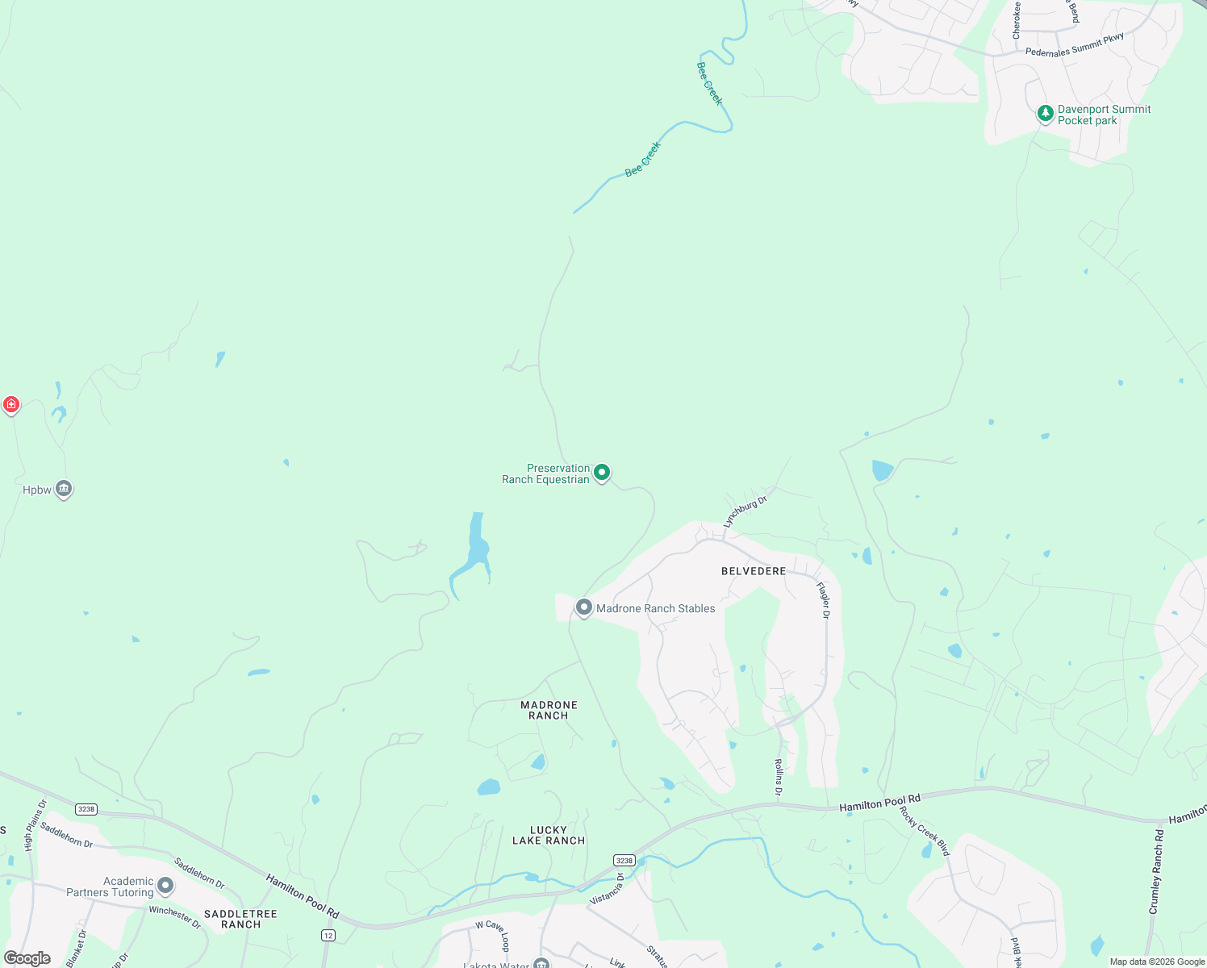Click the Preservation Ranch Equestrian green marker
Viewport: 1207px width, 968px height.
pyautogui.click(x=602, y=473)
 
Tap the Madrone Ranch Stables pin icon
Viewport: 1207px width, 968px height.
pyautogui.click(x=584, y=607)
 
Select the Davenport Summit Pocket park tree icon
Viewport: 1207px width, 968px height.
pyautogui.click(x=1046, y=114)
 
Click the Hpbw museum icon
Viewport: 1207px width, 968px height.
pyautogui.click(x=64, y=489)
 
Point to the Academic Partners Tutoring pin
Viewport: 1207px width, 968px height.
pyautogui.click(x=165, y=887)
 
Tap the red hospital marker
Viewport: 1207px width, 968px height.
pyautogui.click(x=11, y=404)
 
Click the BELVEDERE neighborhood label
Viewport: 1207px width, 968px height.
pyautogui.click(x=754, y=571)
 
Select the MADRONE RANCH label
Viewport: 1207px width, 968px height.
pyautogui.click(x=549, y=710)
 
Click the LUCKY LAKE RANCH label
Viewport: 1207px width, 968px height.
pyautogui.click(x=549, y=835)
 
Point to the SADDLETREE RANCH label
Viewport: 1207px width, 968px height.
pyautogui.click(x=240, y=919)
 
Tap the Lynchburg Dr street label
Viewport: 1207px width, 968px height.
pyautogui.click(x=745, y=512)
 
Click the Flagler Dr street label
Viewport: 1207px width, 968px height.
pyautogui.click(x=823, y=600)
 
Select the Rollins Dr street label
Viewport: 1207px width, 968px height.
pyautogui.click(x=779, y=777)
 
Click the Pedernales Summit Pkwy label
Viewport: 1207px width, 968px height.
pyautogui.click(x=1075, y=45)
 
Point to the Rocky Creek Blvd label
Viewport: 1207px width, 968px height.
pyautogui.click(x=925, y=830)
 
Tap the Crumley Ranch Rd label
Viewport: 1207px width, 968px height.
pyautogui.click(x=1157, y=871)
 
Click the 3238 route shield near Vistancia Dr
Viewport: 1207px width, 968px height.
pyautogui.click(x=624, y=861)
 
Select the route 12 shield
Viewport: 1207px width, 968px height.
pyautogui.click(x=328, y=935)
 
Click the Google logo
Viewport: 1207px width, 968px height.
pyautogui.click(x=27, y=958)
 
